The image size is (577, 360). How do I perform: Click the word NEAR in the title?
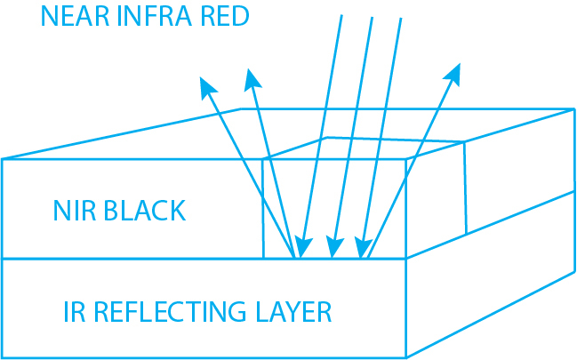[68, 16]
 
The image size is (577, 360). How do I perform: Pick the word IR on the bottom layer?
[74, 312]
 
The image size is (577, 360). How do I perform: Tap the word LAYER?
[291, 312]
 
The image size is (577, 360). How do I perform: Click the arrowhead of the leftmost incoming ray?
[302, 248]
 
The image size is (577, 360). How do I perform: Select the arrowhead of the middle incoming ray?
[333, 248]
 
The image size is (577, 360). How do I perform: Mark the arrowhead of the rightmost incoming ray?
[363, 248]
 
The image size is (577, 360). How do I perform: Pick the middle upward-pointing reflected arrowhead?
[252, 77]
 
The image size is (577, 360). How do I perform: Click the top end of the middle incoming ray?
[372, 17]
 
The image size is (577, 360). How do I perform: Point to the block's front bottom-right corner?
[406, 357]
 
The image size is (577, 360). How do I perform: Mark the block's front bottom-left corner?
[3, 357]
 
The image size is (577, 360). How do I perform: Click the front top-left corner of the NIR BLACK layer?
[3, 159]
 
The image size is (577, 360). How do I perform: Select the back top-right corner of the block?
[574, 109]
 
